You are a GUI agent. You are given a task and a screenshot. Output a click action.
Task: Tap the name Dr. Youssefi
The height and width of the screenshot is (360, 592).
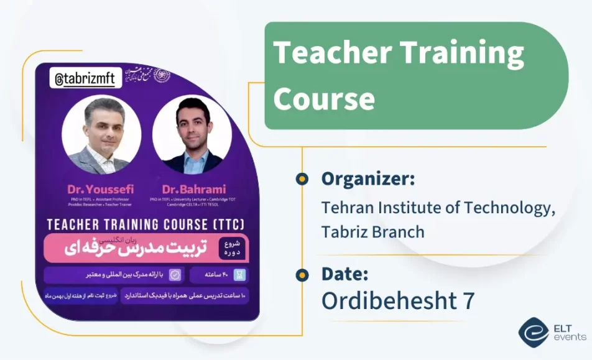click(x=101, y=189)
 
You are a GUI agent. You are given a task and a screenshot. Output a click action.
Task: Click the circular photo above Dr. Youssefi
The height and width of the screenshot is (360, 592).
click(x=101, y=135)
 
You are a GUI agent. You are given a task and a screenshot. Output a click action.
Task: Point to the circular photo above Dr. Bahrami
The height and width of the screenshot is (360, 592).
click(x=192, y=135)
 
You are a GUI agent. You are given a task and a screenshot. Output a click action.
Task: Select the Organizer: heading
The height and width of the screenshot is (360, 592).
click(x=368, y=179)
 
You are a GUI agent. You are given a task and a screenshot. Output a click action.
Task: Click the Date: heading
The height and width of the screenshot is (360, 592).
click(x=345, y=274)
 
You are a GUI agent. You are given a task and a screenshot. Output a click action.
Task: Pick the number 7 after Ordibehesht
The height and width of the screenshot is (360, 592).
click(x=468, y=300)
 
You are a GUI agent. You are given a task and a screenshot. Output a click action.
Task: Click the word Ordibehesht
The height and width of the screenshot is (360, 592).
click(x=387, y=300)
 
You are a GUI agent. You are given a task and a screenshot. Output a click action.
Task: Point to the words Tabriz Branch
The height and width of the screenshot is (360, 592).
click(x=372, y=231)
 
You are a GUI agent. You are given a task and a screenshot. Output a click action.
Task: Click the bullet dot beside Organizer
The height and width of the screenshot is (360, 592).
click(x=302, y=179)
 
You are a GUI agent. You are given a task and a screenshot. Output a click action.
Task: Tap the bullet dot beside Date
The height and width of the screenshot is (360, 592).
click(x=302, y=274)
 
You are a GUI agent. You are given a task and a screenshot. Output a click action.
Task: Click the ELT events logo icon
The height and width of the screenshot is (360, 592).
click(x=534, y=332)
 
